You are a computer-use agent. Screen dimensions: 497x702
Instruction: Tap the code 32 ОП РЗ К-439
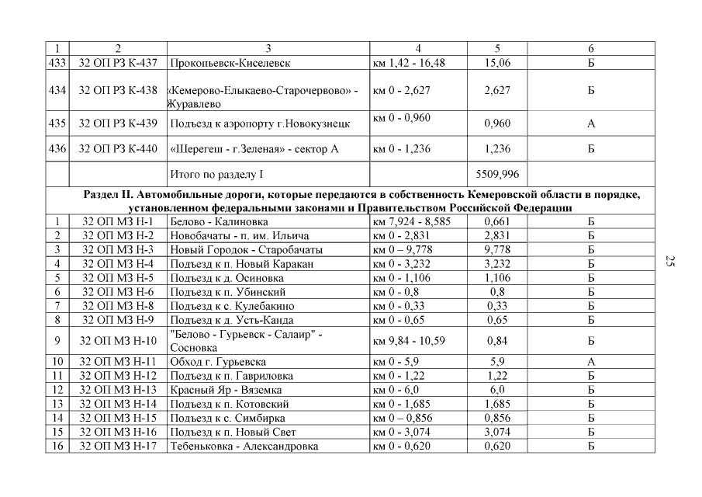click(118, 123)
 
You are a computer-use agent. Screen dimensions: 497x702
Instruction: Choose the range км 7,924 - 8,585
click(410, 221)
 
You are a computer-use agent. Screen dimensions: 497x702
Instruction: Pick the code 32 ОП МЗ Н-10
click(118, 341)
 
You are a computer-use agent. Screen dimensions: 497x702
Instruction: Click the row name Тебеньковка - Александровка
click(244, 447)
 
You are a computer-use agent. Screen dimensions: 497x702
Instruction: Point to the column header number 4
click(418, 49)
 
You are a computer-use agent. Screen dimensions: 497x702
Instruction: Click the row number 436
click(57, 149)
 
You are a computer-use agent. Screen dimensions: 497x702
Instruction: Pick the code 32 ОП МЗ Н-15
click(118, 418)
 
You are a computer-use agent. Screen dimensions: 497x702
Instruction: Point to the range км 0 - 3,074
click(403, 432)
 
